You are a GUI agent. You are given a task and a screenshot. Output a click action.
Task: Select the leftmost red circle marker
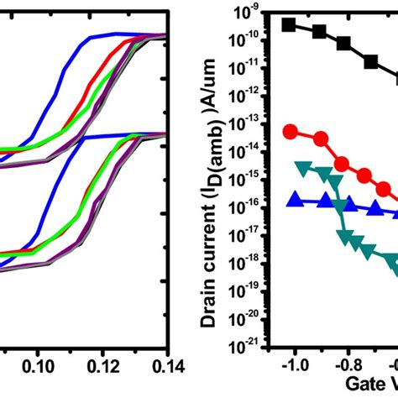291,131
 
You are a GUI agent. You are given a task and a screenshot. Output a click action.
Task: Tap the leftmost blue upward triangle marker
292,199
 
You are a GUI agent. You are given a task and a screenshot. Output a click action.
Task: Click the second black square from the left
319,32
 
